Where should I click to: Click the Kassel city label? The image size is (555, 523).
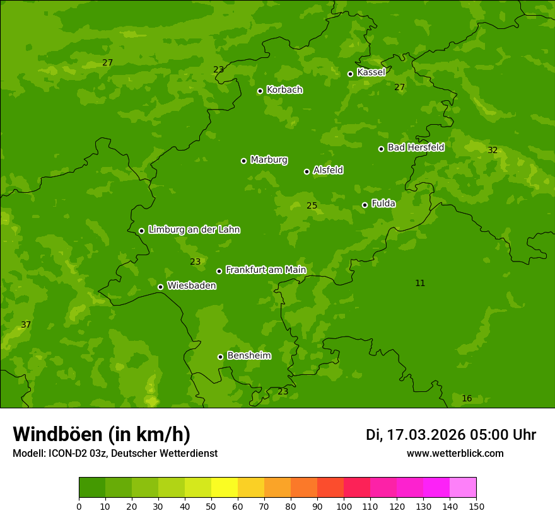tap(371, 72)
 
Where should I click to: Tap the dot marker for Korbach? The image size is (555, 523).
tap(260, 91)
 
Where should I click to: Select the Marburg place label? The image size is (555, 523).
tap(269, 160)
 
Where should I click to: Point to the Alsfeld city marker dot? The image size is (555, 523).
tap(307, 171)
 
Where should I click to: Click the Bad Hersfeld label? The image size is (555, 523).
tap(416, 147)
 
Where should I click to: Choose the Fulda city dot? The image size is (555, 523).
tap(365, 205)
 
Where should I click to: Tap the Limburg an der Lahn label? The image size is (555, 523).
tap(194, 229)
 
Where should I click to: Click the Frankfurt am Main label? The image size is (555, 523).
tap(266, 270)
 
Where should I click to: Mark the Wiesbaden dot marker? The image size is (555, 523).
tap(160, 287)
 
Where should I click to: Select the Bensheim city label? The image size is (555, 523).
tap(248, 355)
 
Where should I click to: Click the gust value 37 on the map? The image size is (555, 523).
tap(26, 325)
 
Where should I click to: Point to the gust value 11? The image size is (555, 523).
tap(420, 283)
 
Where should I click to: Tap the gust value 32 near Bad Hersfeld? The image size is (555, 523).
tap(493, 150)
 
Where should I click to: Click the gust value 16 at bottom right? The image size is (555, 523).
tap(467, 398)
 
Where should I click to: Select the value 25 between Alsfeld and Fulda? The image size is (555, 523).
tap(312, 205)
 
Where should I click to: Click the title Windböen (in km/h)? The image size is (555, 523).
tap(102, 434)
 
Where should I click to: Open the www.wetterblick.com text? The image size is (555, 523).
tap(455, 453)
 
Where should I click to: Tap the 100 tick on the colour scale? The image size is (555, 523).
tap(344, 506)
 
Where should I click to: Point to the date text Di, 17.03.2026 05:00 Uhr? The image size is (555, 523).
tap(450, 435)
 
